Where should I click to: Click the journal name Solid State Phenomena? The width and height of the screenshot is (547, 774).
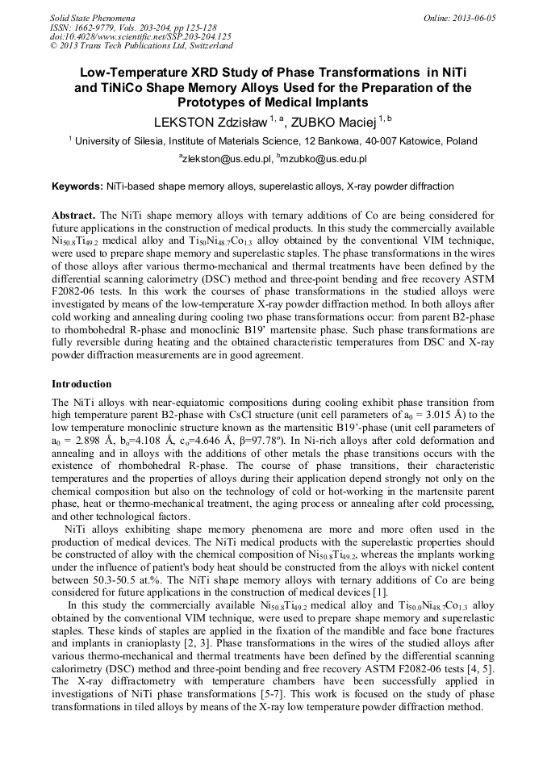92,17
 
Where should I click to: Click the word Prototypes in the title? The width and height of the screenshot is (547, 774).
218,103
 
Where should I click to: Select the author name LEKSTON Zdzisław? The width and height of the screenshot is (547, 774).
211,122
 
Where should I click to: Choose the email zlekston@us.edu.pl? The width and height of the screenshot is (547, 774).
228,160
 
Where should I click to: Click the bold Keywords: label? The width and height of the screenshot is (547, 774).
77,186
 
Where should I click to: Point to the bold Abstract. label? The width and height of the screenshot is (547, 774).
74,216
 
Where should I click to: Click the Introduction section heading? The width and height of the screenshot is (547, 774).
81,384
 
